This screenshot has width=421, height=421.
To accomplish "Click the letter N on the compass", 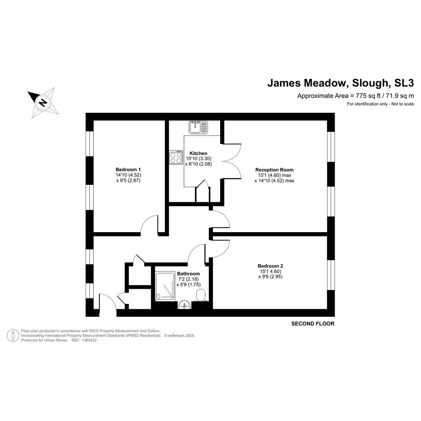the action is (42, 102).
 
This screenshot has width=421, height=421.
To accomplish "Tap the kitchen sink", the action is (198, 127).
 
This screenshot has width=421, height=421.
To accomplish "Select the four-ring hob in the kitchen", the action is (176, 157).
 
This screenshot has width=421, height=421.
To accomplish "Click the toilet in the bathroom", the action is (201, 295).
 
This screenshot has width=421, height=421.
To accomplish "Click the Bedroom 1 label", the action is (128, 169).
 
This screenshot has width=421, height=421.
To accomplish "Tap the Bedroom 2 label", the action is (270, 266).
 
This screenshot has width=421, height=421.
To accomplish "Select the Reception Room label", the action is (274, 170).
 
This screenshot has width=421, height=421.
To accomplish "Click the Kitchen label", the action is (198, 153).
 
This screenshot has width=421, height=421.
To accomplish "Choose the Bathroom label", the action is (188, 274).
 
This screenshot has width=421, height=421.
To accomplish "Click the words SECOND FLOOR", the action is (313, 323).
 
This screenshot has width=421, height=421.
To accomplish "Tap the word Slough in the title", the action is (371, 83).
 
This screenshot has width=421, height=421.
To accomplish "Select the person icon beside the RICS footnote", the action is (13, 335).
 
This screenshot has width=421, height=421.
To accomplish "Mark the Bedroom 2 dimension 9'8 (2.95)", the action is (270, 277).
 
